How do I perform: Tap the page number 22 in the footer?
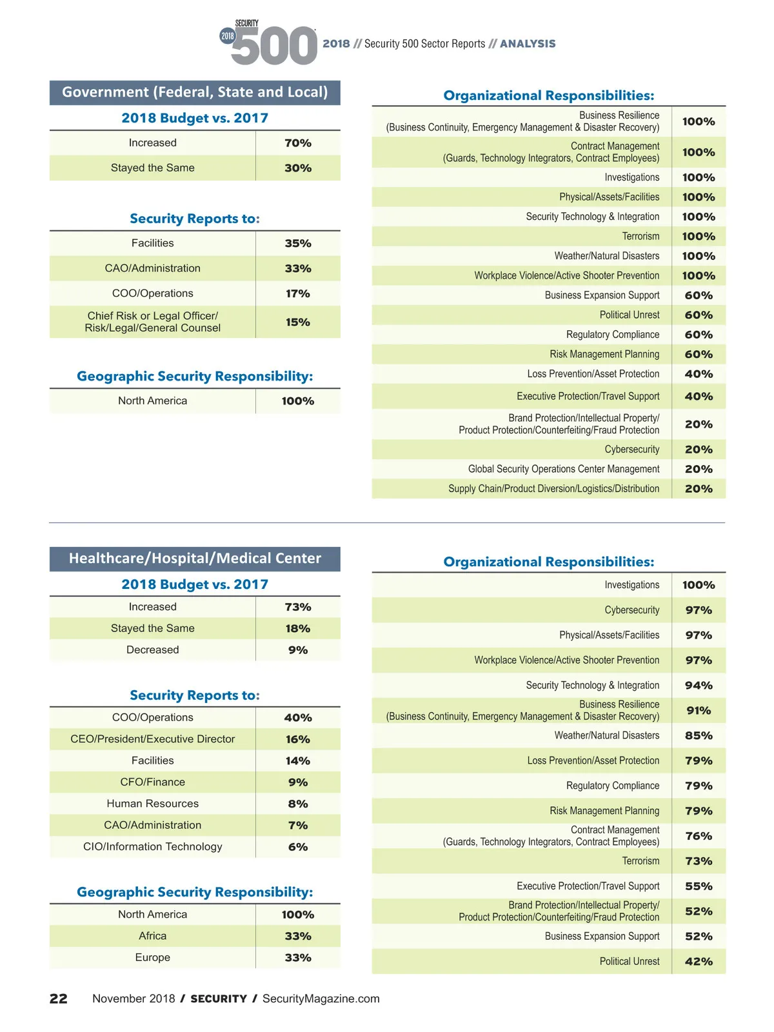tap(59, 998)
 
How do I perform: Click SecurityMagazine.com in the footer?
tap(321, 998)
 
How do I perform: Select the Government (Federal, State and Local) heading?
tap(195, 92)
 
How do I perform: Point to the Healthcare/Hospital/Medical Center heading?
tap(195, 559)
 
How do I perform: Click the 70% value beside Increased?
tap(298, 143)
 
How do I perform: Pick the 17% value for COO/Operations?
tap(298, 293)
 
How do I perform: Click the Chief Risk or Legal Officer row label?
tap(153, 322)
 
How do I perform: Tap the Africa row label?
tap(153, 936)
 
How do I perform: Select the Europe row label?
tap(153, 958)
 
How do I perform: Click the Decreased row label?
tap(153, 650)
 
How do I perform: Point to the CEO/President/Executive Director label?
tap(153, 739)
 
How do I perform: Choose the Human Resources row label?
tap(153, 804)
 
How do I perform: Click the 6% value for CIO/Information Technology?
tap(298, 847)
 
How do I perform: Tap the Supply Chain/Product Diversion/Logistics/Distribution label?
tap(553, 489)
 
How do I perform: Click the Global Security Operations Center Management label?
tap(564, 469)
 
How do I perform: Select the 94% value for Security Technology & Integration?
tap(699, 686)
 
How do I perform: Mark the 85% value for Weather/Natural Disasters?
tap(699, 736)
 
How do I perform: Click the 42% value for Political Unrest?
tap(699, 962)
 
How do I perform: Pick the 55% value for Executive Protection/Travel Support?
tap(699, 886)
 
